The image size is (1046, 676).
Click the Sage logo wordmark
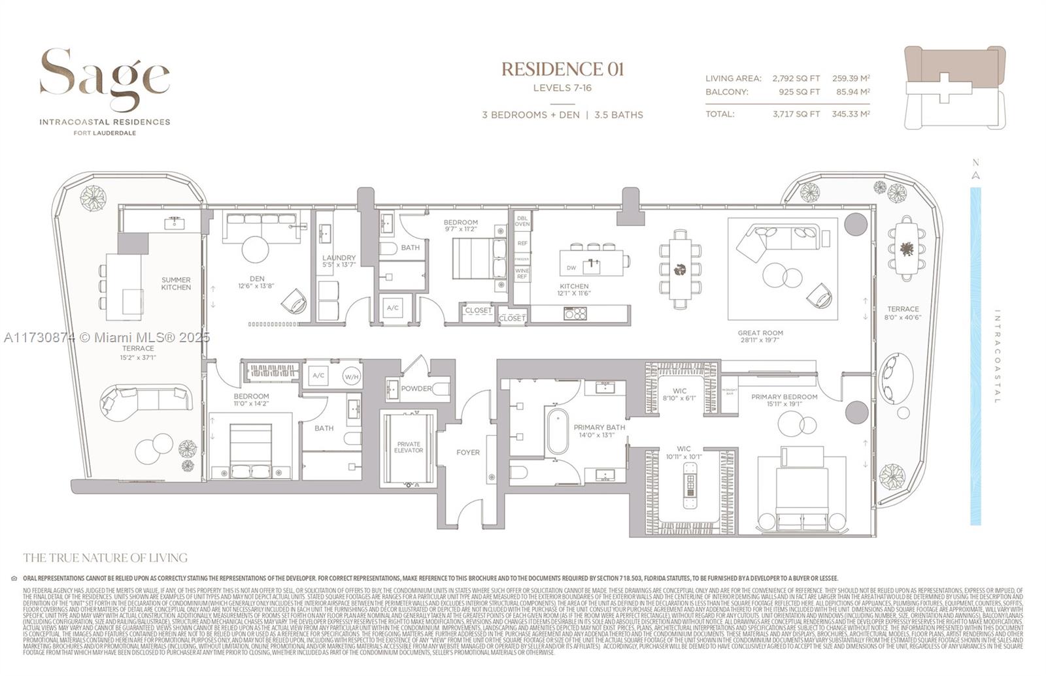[x=105, y=78]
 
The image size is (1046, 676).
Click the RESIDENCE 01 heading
[x=562, y=69]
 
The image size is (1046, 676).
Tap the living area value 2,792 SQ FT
[x=796, y=78]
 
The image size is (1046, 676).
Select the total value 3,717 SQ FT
[x=796, y=114]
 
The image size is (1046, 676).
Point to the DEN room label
[x=257, y=279]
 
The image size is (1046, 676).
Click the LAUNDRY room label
[x=339, y=258]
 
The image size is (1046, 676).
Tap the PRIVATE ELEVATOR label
[x=409, y=447]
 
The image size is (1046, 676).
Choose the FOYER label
[x=468, y=452]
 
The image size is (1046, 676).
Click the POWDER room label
[x=416, y=389]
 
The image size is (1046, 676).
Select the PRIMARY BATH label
[x=599, y=427]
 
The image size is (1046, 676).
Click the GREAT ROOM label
[x=760, y=333]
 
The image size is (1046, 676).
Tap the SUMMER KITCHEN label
[x=176, y=283]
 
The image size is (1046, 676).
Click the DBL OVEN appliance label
[x=522, y=221]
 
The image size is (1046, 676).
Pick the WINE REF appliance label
[x=522, y=273]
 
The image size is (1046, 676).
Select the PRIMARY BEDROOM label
[x=784, y=396]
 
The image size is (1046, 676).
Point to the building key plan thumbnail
[x=955, y=87]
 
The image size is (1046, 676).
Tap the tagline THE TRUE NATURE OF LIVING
[x=105, y=558]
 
